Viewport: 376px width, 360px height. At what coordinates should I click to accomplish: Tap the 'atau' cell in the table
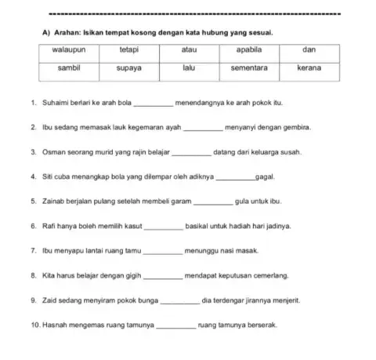[x=188, y=49]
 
